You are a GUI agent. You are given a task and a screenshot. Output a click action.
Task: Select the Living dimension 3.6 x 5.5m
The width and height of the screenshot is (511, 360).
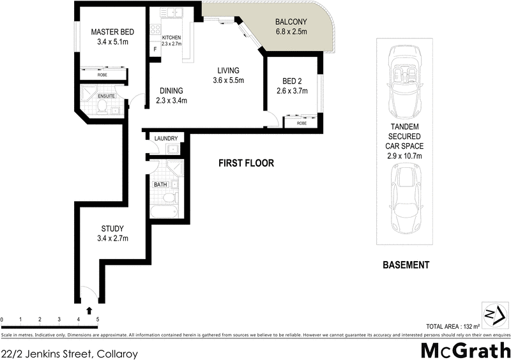tap(229, 80)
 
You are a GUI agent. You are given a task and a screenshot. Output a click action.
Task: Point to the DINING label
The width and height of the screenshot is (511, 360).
tap(171, 90)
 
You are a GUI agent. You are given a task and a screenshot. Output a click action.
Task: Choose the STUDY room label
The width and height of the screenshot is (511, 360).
tap(112, 229)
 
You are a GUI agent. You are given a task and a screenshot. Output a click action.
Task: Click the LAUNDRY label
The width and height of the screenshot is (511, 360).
tap(165, 138)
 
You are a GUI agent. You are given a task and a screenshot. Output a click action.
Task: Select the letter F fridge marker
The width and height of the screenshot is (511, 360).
tap(155, 50)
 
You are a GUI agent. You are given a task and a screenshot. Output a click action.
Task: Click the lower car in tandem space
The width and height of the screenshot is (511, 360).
tap(404, 197)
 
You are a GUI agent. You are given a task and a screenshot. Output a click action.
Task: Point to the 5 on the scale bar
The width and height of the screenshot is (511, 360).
tap(97, 319)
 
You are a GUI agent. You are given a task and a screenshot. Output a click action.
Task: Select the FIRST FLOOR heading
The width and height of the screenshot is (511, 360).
tap(246, 163)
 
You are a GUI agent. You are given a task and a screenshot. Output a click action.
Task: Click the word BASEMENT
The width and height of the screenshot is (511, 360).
tap(405, 265)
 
